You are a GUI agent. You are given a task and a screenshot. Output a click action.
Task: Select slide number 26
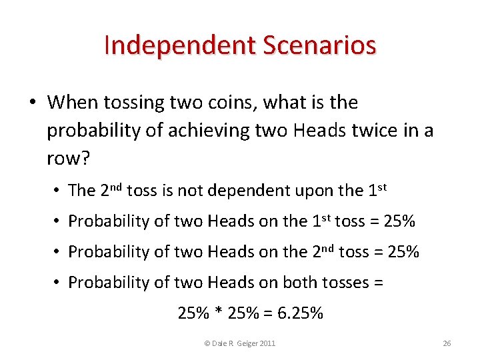(x=447, y=343)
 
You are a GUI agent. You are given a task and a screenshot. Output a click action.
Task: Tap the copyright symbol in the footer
(x=207, y=343)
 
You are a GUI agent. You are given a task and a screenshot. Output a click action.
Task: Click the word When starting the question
(x=72, y=103)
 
